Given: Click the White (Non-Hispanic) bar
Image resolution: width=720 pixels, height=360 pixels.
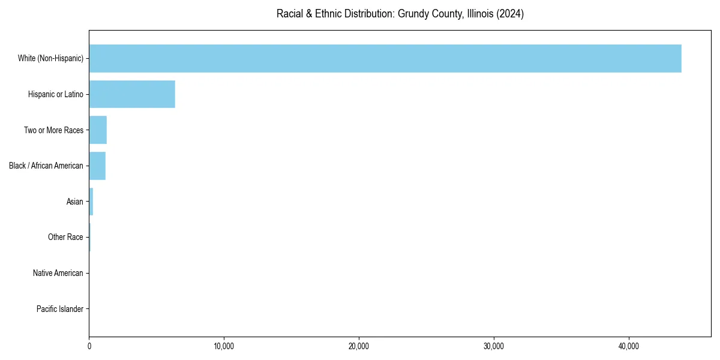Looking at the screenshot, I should point(385,58).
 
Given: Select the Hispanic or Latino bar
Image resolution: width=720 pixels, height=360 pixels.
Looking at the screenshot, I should point(132,94).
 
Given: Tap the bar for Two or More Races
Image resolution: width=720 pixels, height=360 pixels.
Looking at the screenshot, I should point(98,130).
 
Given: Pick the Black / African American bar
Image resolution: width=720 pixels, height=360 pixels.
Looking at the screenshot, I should point(97,166).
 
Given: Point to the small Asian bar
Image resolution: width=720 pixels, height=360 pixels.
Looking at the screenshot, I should point(91,202).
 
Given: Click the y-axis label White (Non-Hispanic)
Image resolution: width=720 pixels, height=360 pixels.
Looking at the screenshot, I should point(50,58).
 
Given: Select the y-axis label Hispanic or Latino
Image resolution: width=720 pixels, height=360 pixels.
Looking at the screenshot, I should point(56,94).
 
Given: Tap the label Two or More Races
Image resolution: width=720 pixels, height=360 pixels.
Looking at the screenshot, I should point(53,130).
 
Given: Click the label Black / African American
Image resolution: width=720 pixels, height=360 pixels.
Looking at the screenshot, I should point(46,166).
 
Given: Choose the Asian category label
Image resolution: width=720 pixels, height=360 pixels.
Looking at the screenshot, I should point(75,202).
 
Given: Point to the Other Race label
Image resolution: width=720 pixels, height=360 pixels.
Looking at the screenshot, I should point(65,238).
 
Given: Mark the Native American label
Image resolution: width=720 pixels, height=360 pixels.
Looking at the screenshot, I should point(58,273).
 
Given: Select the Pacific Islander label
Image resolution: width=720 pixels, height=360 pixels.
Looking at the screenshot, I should point(60,309).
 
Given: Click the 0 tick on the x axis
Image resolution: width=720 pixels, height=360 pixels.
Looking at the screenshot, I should point(89,346).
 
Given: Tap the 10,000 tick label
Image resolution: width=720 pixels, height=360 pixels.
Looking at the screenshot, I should point(224,346).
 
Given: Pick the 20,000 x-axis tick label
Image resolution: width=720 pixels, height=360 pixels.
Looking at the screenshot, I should point(359,346).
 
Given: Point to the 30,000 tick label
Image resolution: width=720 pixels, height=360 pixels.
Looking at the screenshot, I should point(494,346).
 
